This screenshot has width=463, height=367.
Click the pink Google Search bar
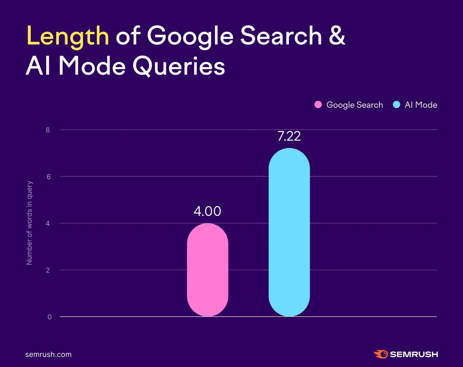click(x=207, y=270)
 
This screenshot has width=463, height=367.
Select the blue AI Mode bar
click(x=289, y=232)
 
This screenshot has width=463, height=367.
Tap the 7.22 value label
click(x=289, y=136)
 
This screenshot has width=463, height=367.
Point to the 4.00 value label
click(x=207, y=211)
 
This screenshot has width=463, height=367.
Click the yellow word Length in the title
click(x=68, y=36)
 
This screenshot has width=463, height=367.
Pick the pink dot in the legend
click(x=318, y=105)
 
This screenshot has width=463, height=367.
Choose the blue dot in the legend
click(x=396, y=105)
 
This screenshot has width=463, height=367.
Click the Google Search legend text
click(x=354, y=105)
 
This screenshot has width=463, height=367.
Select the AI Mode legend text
click(x=421, y=105)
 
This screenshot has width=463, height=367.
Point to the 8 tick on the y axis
click(x=48, y=130)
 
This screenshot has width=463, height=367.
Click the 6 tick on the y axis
click(x=48, y=176)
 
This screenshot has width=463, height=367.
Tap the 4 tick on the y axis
click(x=48, y=223)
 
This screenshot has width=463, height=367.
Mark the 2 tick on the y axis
click(x=48, y=270)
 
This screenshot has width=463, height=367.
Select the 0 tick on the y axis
click(x=50, y=317)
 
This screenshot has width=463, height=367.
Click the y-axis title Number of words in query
click(x=30, y=223)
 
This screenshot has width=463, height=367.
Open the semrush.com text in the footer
click(x=48, y=354)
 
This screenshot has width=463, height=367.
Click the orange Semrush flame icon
click(x=381, y=354)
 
